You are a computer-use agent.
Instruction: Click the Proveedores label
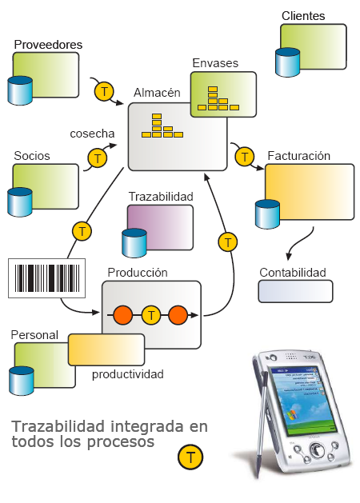[48, 44]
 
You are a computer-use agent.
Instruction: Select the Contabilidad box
[295, 291]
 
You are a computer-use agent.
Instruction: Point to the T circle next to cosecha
[98, 158]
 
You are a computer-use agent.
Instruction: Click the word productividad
[127, 373]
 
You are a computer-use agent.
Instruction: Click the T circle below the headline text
[190, 458]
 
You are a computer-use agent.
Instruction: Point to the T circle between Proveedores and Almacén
[104, 91]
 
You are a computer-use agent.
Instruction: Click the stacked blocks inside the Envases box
[218, 98]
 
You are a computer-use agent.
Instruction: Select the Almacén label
[157, 93]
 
